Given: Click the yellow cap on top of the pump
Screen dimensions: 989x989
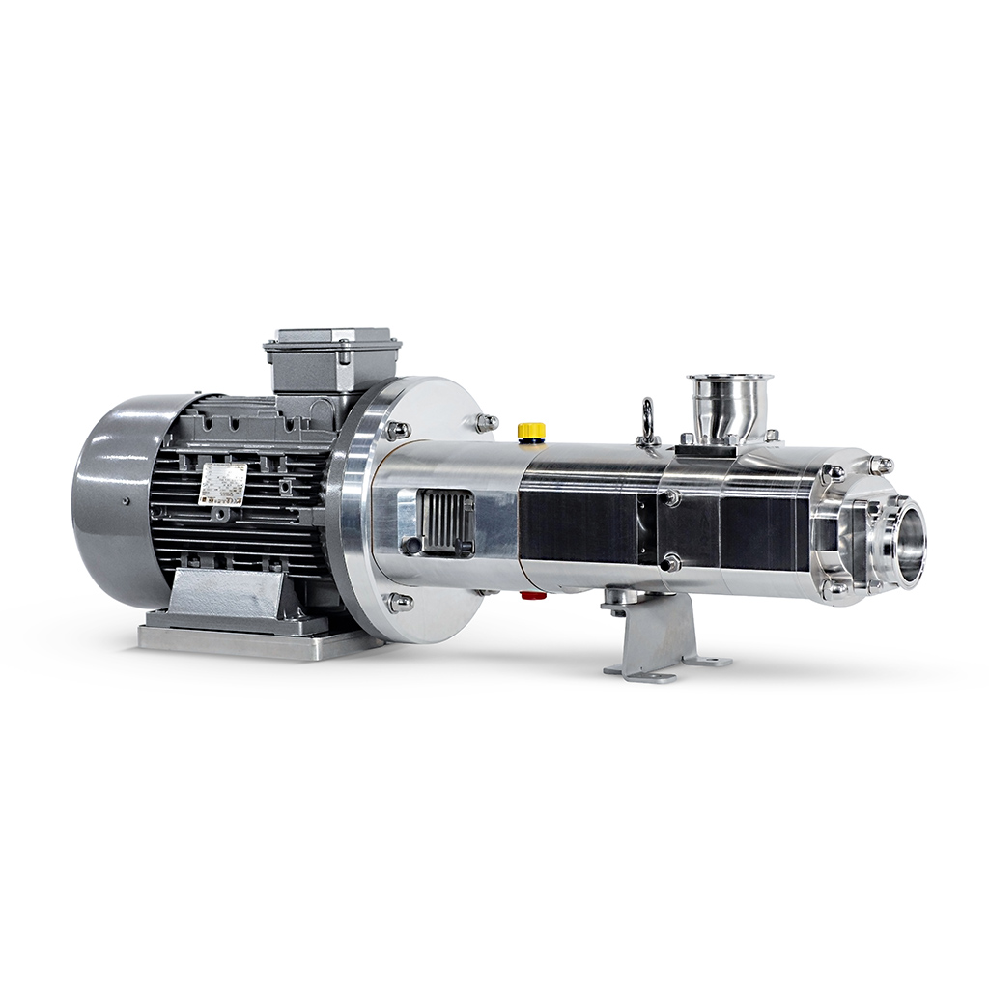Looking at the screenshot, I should click(x=531, y=430).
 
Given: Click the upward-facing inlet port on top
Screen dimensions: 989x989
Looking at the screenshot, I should click(x=729, y=381).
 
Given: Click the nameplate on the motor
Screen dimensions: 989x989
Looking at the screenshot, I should click(x=222, y=483).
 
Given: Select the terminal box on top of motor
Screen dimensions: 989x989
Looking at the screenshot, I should click(x=332, y=361).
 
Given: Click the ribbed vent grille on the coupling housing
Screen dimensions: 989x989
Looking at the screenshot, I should click(x=444, y=522).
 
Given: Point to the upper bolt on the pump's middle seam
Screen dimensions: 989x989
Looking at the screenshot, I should click(x=670, y=497).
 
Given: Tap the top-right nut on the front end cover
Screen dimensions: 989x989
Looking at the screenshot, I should click(x=881, y=466).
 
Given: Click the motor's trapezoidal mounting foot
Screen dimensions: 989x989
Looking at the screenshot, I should click(x=227, y=594).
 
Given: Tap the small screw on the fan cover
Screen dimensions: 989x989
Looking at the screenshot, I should click(x=127, y=501).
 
